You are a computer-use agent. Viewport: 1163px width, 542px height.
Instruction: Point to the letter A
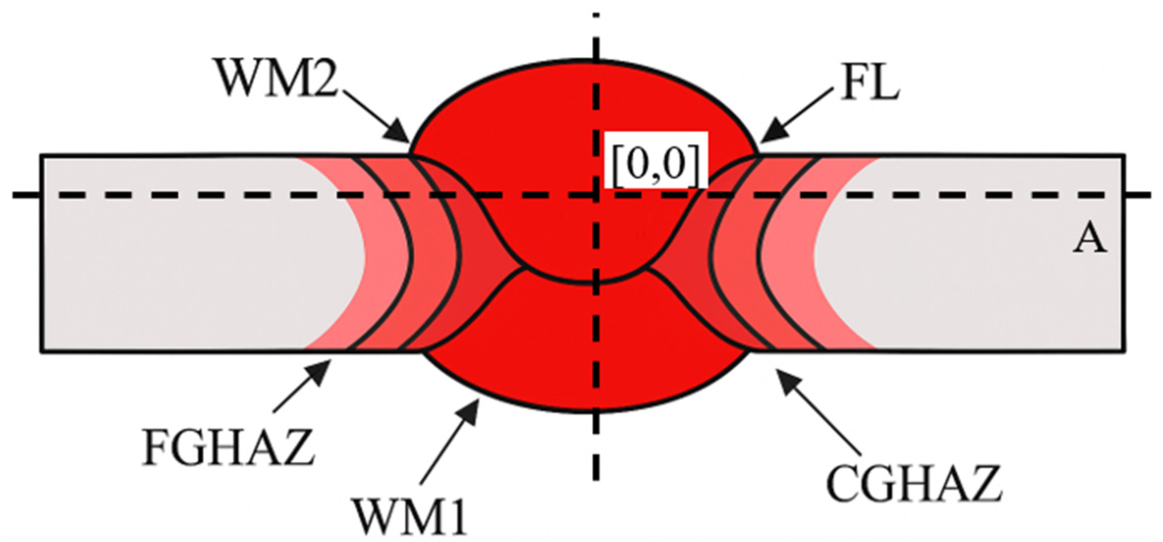(x=1089, y=240)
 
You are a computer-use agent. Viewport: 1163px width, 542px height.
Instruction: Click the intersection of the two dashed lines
(x=597, y=195)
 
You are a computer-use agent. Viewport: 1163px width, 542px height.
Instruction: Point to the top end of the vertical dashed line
(x=597, y=16)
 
